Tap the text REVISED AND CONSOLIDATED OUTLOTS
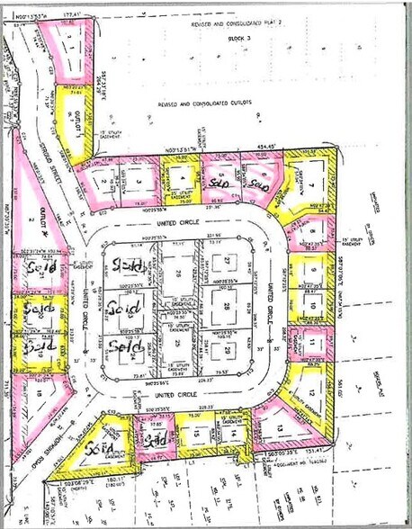[204, 103]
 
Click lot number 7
[311, 185]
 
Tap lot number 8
[310, 233]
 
